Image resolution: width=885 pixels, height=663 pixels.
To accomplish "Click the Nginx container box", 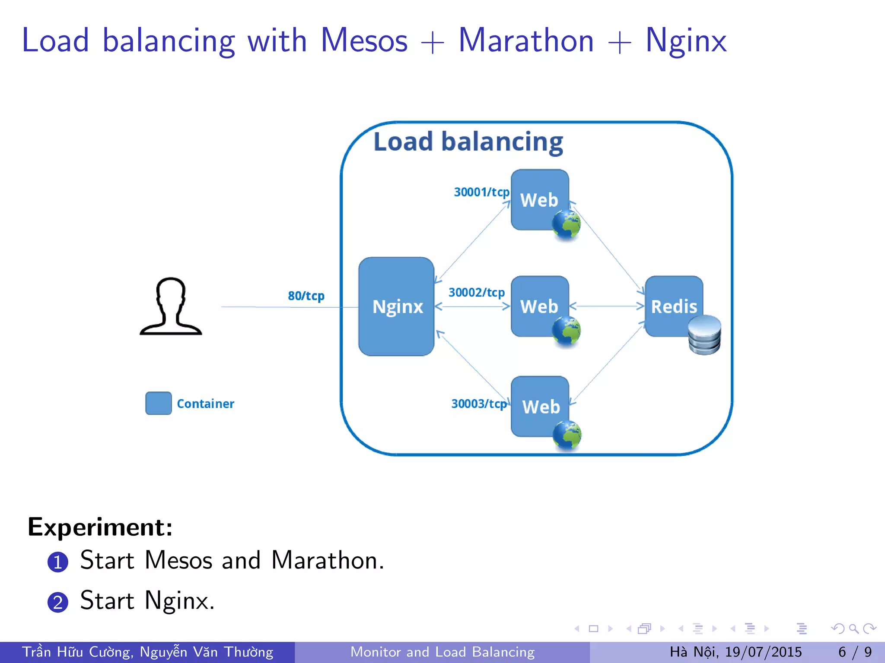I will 396,306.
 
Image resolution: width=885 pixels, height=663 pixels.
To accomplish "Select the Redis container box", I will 673,306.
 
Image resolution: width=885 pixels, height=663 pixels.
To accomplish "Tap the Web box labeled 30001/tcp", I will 539,199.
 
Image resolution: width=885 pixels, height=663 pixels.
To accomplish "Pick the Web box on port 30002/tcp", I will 539,306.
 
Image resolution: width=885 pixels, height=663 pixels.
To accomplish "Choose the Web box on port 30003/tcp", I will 540,406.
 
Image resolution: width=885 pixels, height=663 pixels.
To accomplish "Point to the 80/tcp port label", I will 306,296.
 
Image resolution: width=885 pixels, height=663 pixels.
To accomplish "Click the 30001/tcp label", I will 481,192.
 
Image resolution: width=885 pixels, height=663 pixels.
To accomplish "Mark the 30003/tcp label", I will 479,404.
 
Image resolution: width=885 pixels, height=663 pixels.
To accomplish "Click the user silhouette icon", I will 171,306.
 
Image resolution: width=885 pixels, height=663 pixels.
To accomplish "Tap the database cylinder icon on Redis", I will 704,335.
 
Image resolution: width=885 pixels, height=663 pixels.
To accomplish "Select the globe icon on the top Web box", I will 566,224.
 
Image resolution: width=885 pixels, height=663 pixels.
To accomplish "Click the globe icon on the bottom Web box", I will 567,435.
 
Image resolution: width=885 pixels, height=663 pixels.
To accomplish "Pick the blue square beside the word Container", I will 159,403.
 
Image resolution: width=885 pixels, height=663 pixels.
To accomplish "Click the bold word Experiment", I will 100,527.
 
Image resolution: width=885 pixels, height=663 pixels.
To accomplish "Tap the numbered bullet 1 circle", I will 58,562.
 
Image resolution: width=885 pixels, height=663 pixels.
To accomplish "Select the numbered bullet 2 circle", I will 58,602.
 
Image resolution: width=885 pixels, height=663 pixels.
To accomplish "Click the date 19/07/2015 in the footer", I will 763,652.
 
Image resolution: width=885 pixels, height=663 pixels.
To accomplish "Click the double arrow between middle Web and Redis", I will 607,306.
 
